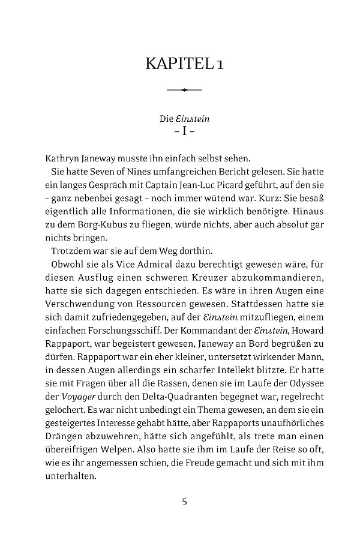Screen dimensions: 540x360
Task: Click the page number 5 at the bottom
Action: (184, 502)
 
